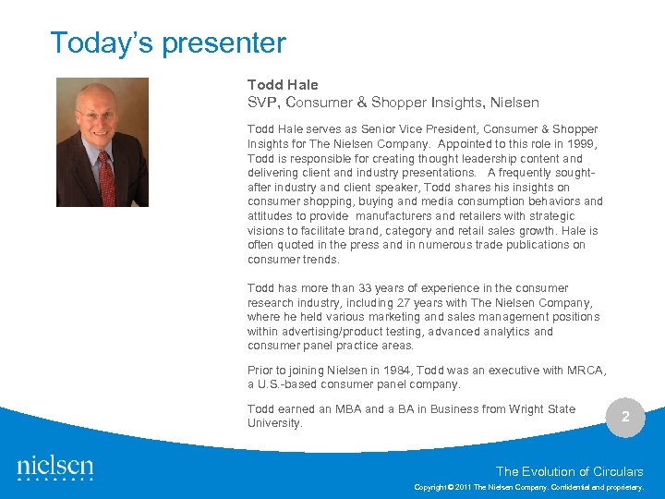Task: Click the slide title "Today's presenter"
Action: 167,43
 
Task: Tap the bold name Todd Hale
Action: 283,85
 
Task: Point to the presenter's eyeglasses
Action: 97,115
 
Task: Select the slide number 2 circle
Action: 625,417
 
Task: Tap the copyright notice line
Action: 528,486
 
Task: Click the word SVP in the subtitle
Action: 261,102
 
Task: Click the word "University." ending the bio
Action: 275,422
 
